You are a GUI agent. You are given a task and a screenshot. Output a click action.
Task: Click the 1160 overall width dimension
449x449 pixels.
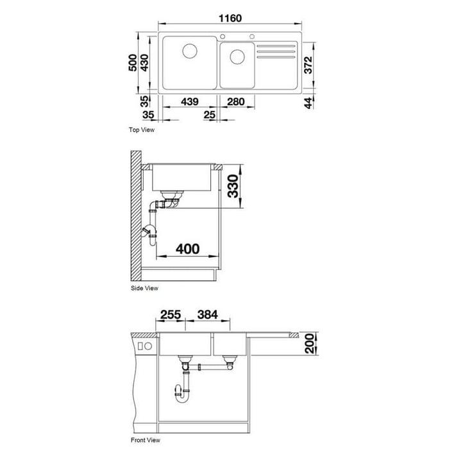[230, 19]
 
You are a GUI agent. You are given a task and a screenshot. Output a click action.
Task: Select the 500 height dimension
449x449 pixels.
[133, 62]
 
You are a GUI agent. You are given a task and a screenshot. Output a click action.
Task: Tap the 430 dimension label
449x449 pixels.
[144, 62]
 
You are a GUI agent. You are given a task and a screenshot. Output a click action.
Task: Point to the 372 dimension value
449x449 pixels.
[308, 65]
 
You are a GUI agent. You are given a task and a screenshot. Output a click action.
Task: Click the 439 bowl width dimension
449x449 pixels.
[190, 101]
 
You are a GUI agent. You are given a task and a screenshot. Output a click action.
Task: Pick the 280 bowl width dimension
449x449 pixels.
[235, 101]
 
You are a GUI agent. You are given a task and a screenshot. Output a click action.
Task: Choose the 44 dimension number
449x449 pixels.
[308, 103]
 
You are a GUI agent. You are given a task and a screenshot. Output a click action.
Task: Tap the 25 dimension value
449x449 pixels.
[210, 115]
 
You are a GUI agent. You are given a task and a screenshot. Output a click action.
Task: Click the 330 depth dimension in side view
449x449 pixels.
[233, 186]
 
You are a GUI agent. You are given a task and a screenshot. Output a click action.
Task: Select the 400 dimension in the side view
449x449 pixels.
[187, 249]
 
